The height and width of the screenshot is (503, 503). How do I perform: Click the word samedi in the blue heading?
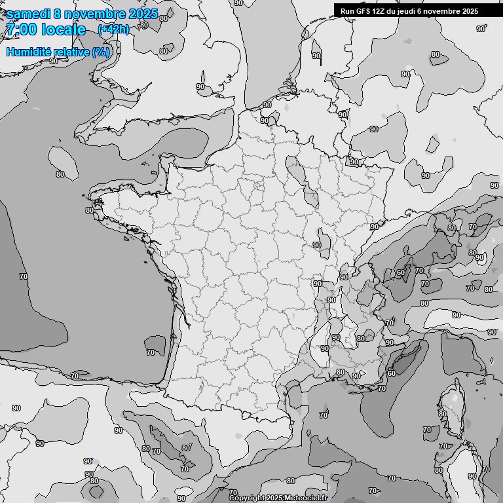26,14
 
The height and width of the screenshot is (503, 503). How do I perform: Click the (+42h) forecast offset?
113,29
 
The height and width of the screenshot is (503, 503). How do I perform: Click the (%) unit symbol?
101,52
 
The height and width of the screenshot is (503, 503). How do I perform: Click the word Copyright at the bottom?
246,498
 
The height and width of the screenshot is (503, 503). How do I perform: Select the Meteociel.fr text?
306,498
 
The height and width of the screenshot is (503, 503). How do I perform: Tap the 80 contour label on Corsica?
443,414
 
